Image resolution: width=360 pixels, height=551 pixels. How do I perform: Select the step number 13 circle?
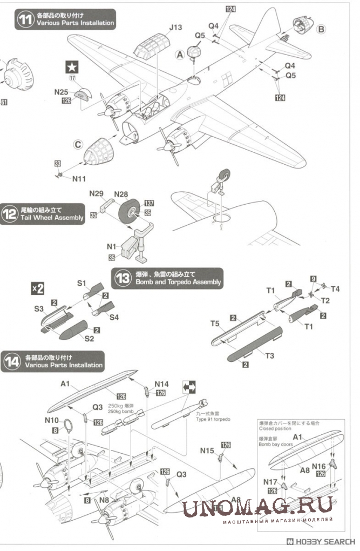pos(123,278)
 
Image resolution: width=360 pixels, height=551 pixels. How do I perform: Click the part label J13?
pos(175,27)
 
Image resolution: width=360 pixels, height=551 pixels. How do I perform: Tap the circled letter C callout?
pos(78,144)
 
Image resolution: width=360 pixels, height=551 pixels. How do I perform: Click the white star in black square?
pos(72,67)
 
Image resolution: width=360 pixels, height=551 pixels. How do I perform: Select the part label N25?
pos(61,92)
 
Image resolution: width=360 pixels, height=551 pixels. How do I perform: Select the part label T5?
pos(215,324)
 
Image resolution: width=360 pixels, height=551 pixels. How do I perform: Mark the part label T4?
pos(335,289)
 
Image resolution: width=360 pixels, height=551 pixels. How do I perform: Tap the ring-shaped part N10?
pos(69,425)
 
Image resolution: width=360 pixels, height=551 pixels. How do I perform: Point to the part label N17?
pos(270,482)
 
